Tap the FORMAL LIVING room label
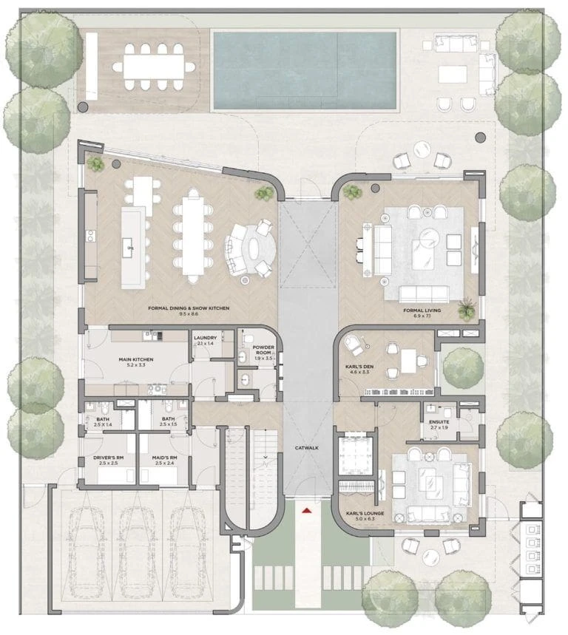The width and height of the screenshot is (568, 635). pyautogui.click(x=422, y=310)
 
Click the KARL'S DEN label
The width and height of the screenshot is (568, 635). pyautogui.click(x=359, y=365)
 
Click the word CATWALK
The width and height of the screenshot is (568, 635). pyautogui.click(x=306, y=448)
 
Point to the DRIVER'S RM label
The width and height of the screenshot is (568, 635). pyautogui.click(x=106, y=458)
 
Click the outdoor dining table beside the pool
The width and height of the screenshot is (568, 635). pyautogui.click(x=155, y=67)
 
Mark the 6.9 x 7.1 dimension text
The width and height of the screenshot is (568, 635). pyautogui.click(x=422, y=316)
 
